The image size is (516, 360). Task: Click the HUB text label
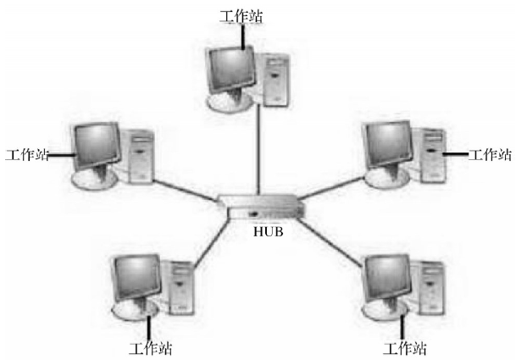pyautogui.click(x=268, y=231)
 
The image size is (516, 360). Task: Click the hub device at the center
pyautogui.click(x=261, y=208)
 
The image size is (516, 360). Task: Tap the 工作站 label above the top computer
pyautogui.click(x=241, y=16)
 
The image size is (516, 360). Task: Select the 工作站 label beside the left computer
pyautogui.click(x=27, y=154)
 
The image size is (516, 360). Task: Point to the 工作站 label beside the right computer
pyautogui.click(x=490, y=154)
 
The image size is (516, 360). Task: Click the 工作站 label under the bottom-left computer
pyautogui.click(x=150, y=348)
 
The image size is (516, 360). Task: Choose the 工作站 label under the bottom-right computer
pyautogui.click(x=404, y=348)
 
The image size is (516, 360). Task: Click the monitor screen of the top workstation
pyautogui.click(x=231, y=69)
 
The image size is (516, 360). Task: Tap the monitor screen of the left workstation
pyautogui.click(x=97, y=145)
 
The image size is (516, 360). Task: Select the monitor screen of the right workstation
pyautogui.click(x=388, y=143)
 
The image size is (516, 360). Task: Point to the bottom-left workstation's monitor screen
pyautogui.click(x=136, y=277)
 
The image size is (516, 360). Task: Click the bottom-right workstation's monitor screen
pyautogui.click(x=388, y=277)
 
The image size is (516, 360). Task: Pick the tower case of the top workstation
pyautogui.click(x=275, y=80)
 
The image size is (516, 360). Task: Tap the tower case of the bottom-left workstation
pyautogui.click(x=180, y=288)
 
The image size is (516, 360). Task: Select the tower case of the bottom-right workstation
pyautogui.click(x=430, y=288)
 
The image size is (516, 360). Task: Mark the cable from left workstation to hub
pyautogui.click(x=185, y=191)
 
